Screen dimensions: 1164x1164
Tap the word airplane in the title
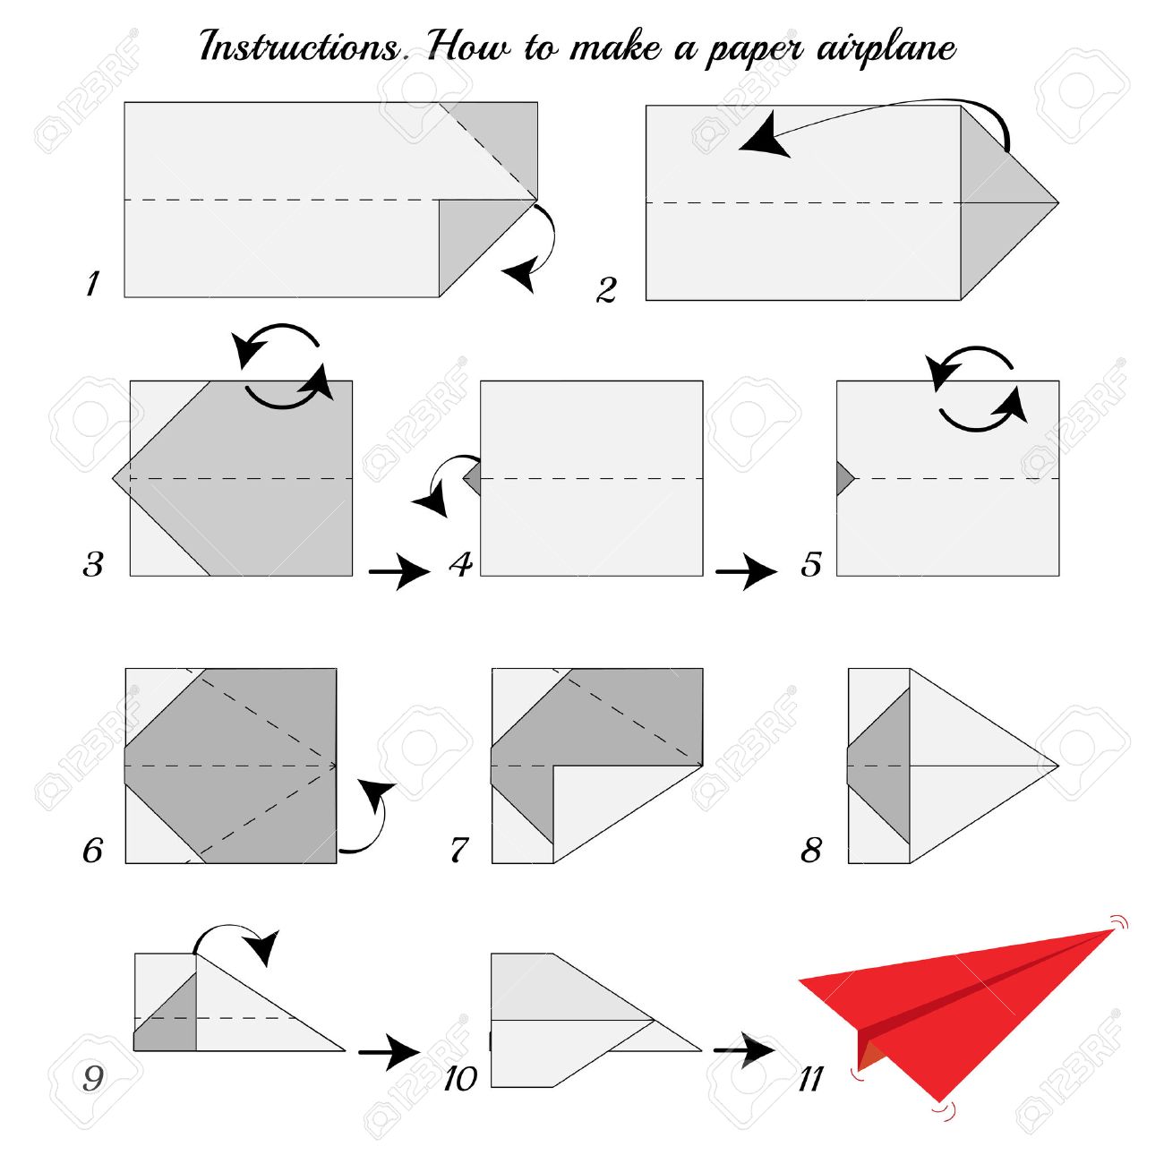click(x=886, y=48)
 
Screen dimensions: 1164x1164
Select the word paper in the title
click(x=755, y=51)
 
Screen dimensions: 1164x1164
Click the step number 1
click(x=92, y=283)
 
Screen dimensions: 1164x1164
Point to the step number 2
click(x=606, y=289)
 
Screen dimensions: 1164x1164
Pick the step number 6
click(x=92, y=851)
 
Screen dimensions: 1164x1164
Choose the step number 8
click(x=810, y=851)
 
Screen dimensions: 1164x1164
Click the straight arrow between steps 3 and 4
click(x=399, y=571)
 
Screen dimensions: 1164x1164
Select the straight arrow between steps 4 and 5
click(x=746, y=571)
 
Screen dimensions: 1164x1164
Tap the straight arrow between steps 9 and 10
click(x=389, y=1052)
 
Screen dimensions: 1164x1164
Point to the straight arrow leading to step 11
click(x=743, y=1049)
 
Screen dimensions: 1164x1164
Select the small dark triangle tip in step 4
click(x=473, y=479)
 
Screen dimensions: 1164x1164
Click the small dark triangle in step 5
click(x=844, y=479)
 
